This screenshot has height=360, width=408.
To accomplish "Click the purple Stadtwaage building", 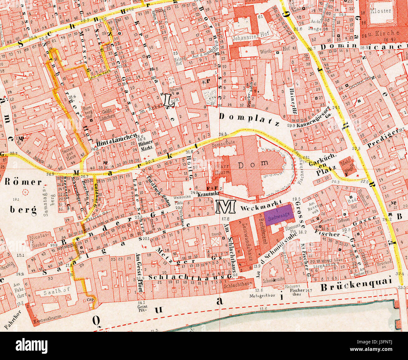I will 279,216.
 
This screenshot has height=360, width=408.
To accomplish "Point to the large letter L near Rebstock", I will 169,101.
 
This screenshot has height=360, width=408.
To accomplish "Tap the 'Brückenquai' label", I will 357,281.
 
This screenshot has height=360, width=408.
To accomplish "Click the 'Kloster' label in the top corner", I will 381,11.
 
